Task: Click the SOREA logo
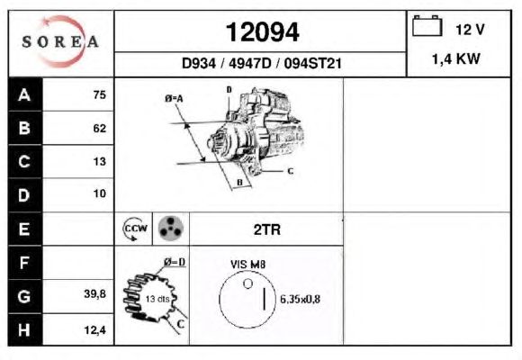(60, 41)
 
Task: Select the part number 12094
(262, 32)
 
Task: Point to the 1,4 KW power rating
(456, 58)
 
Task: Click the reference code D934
(198, 63)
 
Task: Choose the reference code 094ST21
(312, 63)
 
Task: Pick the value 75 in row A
(100, 94)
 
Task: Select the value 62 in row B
(100, 128)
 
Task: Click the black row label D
(25, 195)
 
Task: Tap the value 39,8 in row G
(95, 293)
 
